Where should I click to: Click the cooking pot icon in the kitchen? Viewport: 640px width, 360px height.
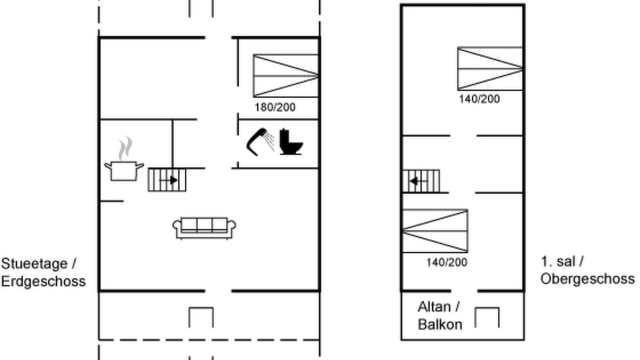click(124, 171)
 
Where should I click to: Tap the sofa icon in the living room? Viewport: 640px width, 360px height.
click(204, 228)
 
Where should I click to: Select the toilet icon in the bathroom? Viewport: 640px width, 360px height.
click(291, 142)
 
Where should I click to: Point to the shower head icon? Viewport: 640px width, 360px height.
click(260, 142)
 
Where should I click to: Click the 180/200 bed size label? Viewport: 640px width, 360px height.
click(275, 107)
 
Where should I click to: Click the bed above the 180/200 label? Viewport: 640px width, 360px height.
click(285, 75)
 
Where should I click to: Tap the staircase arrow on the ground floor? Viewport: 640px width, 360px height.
click(169, 180)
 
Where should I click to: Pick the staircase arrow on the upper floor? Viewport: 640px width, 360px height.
click(418, 181)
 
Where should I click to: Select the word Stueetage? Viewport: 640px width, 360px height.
click(35, 263)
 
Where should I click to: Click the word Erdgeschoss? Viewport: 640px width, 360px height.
click(43, 281)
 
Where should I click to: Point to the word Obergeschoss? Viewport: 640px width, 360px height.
click(587, 279)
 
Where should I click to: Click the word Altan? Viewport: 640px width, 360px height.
click(435, 307)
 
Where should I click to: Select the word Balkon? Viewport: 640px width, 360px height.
click(440, 324)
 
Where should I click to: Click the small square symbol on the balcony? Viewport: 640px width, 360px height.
click(487, 317)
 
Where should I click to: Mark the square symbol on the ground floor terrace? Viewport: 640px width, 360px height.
click(201, 317)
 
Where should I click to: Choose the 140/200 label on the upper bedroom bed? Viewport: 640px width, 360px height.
click(479, 99)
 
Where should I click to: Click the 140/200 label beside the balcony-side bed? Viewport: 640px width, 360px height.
click(447, 262)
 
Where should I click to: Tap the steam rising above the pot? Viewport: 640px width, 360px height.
click(125, 148)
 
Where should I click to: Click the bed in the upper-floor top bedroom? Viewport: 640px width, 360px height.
click(490, 68)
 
